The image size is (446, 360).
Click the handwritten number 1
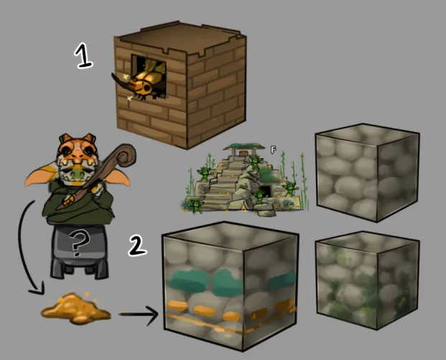point(83,56)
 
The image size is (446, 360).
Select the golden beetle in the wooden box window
point(145,80)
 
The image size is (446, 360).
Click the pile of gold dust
point(75,309)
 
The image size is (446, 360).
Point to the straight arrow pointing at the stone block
point(139,315)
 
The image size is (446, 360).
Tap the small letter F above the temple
point(273,149)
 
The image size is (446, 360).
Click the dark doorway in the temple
point(266,191)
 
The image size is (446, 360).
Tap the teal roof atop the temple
point(244,147)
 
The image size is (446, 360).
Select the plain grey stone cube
point(368,172)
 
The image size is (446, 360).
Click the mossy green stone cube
point(368,280)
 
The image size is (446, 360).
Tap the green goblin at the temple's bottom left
point(195,206)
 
